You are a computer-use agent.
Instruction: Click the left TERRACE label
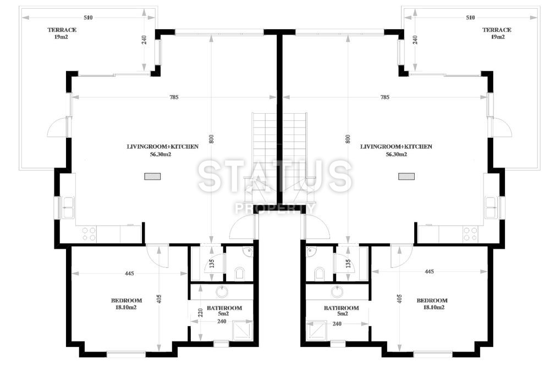pyautogui.click(x=62, y=30)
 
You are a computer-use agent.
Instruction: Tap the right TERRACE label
pyautogui.click(x=497, y=30)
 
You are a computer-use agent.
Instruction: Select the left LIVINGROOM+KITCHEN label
pyautogui.click(x=162, y=147)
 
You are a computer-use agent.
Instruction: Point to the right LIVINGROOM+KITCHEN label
pyautogui.click(x=396, y=147)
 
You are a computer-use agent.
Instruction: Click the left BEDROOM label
pyautogui.click(x=127, y=300)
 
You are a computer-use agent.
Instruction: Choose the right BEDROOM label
pyautogui.click(x=432, y=300)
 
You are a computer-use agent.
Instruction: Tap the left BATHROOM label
pyautogui.click(x=224, y=308)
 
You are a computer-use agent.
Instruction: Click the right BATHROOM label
pyautogui.click(x=342, y=308)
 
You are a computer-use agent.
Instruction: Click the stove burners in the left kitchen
pyautogui.click(x=89, y=234)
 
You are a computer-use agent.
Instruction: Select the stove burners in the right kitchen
pyautogui.click(x=470, y=234)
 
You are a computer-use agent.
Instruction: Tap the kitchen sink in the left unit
pyautogui.click(x=68, y=208)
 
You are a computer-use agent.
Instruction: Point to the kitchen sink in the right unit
pyautogui.click(x=491, y=208)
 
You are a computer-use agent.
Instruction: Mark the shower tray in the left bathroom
pyautogui.click(x=243, y=330)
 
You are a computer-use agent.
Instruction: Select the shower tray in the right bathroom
pyautogui.click(x=316, y=331)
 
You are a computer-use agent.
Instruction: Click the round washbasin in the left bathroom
pyautogui.click(x=222, y=291)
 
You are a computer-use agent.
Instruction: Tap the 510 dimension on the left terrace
pyautogui.click(x=88, y=18)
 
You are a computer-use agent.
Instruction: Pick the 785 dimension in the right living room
pyautogui.click(x=385, y=97)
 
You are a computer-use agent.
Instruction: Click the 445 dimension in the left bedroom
pyautogui.click(x=129, y=273)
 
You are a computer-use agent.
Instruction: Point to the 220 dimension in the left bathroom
pyautogui.click(x=200, y=312)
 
